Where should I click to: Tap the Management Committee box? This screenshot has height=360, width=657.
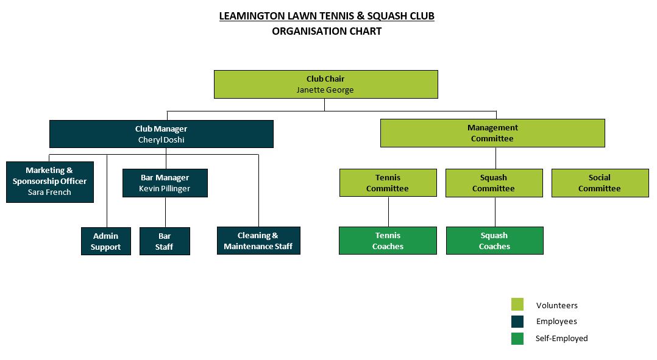coord(492,133)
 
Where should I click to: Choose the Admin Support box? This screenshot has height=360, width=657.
coord(106,241)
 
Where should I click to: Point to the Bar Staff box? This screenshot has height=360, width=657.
coord(165,241)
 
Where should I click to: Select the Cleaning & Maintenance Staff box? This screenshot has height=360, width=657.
coord(258,241)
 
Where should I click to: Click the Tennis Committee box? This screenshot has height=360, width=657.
coord(388,183)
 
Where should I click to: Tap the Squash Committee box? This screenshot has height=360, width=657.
coord(494,183)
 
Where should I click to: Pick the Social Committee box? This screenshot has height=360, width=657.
coord(600,183)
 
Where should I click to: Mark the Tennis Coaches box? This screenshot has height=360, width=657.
coord(388,241)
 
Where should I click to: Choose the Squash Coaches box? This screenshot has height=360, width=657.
coord(494,241)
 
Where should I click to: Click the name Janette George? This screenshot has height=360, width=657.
coord(325,90)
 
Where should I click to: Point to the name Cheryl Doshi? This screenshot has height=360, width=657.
coord(161,140)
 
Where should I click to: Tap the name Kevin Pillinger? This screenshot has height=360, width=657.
coord(165,189)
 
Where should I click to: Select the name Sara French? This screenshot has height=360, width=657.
coord(49,192)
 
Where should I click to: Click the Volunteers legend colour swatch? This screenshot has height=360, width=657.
coord(517,305)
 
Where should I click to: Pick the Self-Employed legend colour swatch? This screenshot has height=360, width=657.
coord(517,338)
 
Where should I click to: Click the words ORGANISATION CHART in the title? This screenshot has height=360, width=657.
coord(327,31)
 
